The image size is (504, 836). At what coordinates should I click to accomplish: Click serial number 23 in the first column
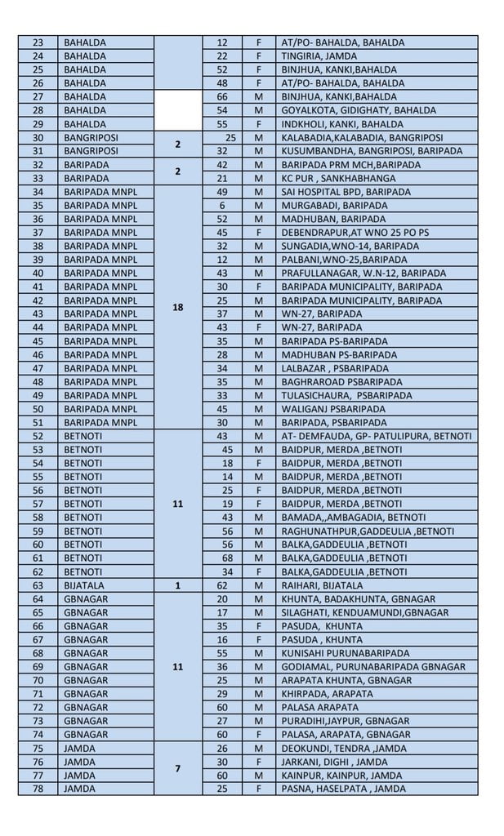tap(38, 42)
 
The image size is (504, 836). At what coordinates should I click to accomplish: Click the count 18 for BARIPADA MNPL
tap(177, 307)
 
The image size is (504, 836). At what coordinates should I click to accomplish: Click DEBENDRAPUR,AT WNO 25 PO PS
tap(355, 233)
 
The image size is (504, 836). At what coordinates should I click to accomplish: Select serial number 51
tap(38, 423)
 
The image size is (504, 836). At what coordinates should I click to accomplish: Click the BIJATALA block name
tap(83, 585)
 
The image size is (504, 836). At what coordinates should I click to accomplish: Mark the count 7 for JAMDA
tap(177, 768)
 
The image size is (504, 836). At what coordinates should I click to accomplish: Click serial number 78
tap(38, 789)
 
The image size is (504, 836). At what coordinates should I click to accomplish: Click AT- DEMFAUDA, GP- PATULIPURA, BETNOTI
tap(376, 436)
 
